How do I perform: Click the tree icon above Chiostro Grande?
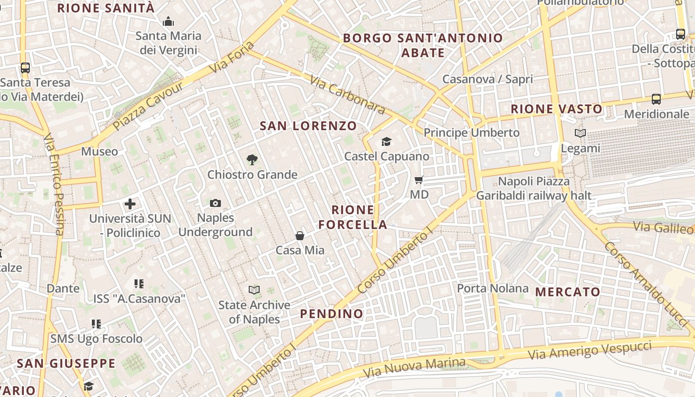click(252, 160)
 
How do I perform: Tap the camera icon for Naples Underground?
click(215, 203)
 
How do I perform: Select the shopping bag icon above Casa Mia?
click(300, 236)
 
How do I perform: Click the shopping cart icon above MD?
click(419, 180)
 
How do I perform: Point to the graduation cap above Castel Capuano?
click(387, 142)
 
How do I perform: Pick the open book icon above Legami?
click(580, 133)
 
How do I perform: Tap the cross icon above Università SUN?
click(130, 204)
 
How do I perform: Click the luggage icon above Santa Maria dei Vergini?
click(168, 21)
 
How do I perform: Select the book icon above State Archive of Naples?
click(254, 290)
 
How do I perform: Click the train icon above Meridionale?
click(656, 99)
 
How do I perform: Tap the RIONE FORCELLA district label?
click(352, 217)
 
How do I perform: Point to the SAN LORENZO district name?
click(308, 126)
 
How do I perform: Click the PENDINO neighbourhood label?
click(332, 314)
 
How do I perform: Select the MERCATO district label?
click(567, 292)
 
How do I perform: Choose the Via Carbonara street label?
click(347, 94)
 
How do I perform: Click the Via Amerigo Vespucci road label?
click(589, 350)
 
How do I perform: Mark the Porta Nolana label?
click(492, 288)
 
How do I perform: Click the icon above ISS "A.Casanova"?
click(139, 284)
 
